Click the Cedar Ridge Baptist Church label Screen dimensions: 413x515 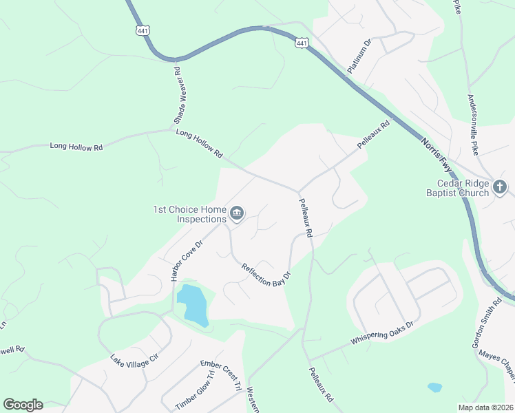pos(462,188)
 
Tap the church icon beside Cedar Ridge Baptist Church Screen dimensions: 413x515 pos(501,187)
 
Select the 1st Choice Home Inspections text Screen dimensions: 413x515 pos(190,215)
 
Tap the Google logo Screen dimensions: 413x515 pos(23,405)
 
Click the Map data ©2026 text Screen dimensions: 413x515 pos(485,407)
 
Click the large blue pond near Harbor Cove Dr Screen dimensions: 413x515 pos(193,305)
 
